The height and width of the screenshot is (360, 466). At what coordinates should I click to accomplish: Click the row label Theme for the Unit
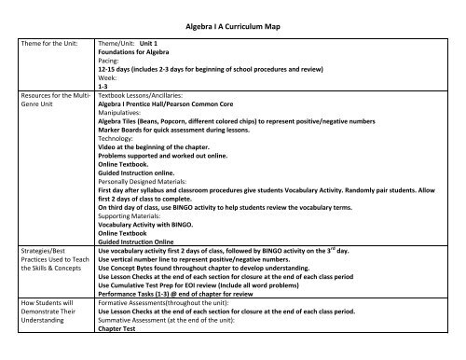coord(43,43)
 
